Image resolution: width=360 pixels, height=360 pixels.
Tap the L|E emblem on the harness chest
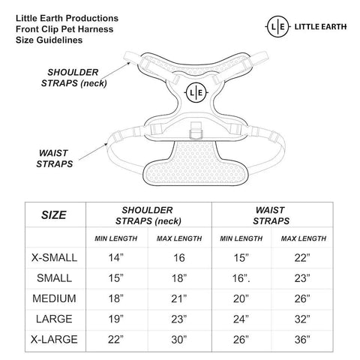[x=196, y=93]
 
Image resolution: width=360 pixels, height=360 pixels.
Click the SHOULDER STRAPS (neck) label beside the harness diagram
[x=73, y=78]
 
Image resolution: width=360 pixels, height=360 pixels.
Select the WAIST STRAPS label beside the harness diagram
[x=54, y=158]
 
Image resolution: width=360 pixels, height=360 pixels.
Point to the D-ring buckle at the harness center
[x=196, y=130]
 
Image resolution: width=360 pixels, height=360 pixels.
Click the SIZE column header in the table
[x=54, y=215]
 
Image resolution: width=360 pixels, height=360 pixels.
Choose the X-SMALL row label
[x=54, y=258]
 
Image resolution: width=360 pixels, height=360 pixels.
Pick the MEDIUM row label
[x=54, y=298]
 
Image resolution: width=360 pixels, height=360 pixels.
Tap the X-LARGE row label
[x=54, y=340]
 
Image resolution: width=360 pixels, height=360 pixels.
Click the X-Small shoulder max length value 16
[x=179, y=258]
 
